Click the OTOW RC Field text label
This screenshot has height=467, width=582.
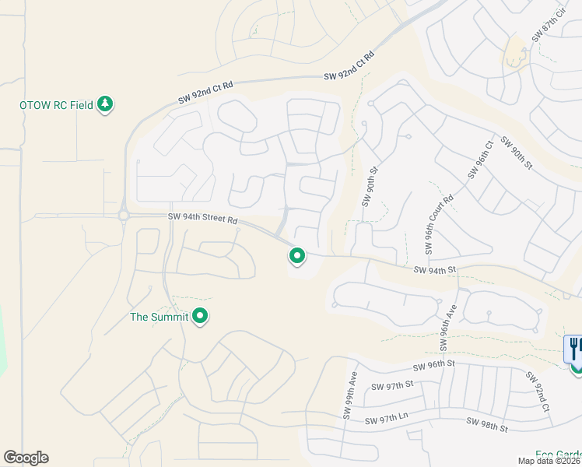coord(57,105)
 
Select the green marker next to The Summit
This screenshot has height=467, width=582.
coord(200,316)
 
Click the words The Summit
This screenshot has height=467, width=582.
coord(159,317)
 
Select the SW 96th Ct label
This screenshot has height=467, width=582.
coord(480,160)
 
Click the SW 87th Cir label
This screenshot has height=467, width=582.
coord(547,27)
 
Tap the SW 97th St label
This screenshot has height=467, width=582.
coord(393,386)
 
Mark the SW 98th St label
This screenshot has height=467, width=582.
coord(487,425)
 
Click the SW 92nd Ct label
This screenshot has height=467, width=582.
coord(537,392)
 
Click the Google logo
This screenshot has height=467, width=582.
coord(26,458)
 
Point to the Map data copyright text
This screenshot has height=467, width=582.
coord(549,461)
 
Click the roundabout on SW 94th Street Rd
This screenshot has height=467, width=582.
coord(123,216)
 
